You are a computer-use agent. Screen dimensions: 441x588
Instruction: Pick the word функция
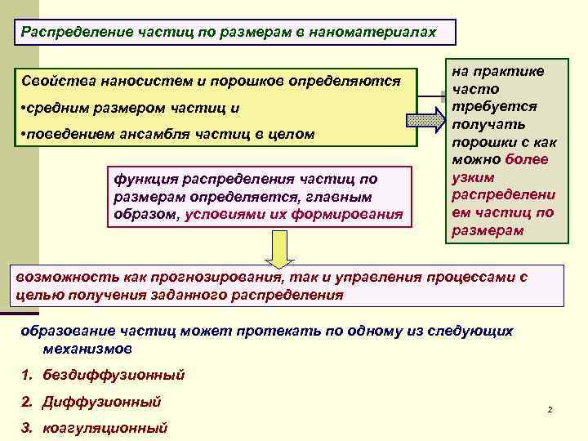140,178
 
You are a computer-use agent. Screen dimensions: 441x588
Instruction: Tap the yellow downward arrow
279,252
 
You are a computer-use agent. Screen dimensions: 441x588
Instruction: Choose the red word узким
474,176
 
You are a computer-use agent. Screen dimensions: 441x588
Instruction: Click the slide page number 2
550,408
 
